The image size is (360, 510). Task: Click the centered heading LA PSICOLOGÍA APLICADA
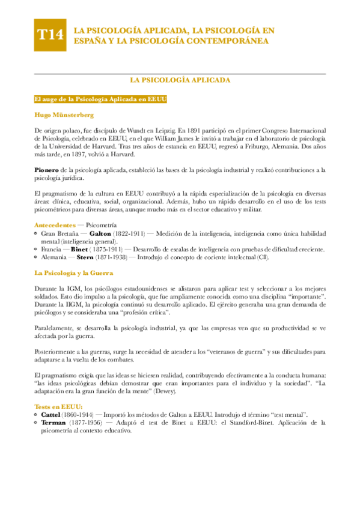coord(180,80)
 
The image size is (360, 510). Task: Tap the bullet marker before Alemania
coord(36,257)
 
